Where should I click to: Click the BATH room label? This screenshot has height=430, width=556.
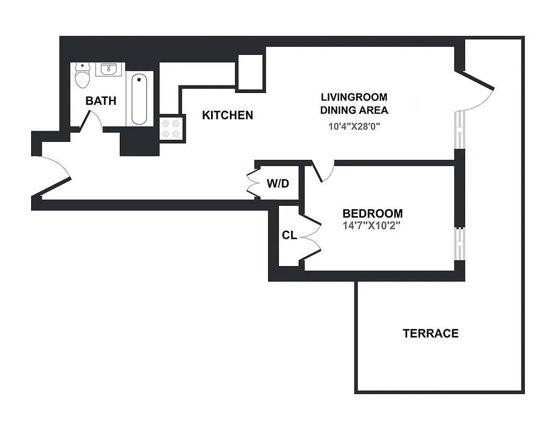point(101,101)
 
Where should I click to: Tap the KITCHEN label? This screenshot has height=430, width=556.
point(227,115)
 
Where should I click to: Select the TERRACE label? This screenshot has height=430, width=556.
point(430,333)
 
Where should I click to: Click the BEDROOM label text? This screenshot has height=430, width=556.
point(372,213)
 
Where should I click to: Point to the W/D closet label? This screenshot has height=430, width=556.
point(278,184)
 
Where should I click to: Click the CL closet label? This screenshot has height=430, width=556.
point(289,235)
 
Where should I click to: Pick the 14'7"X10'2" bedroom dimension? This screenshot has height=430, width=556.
point(372,226)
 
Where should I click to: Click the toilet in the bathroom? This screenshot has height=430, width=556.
point(82,76)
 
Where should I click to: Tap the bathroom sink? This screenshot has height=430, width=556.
point(110,69)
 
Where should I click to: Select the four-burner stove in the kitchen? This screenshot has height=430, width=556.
point(171,128)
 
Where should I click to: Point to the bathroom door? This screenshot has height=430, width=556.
point(91,121)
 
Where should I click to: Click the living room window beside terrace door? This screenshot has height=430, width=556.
point(459,130)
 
